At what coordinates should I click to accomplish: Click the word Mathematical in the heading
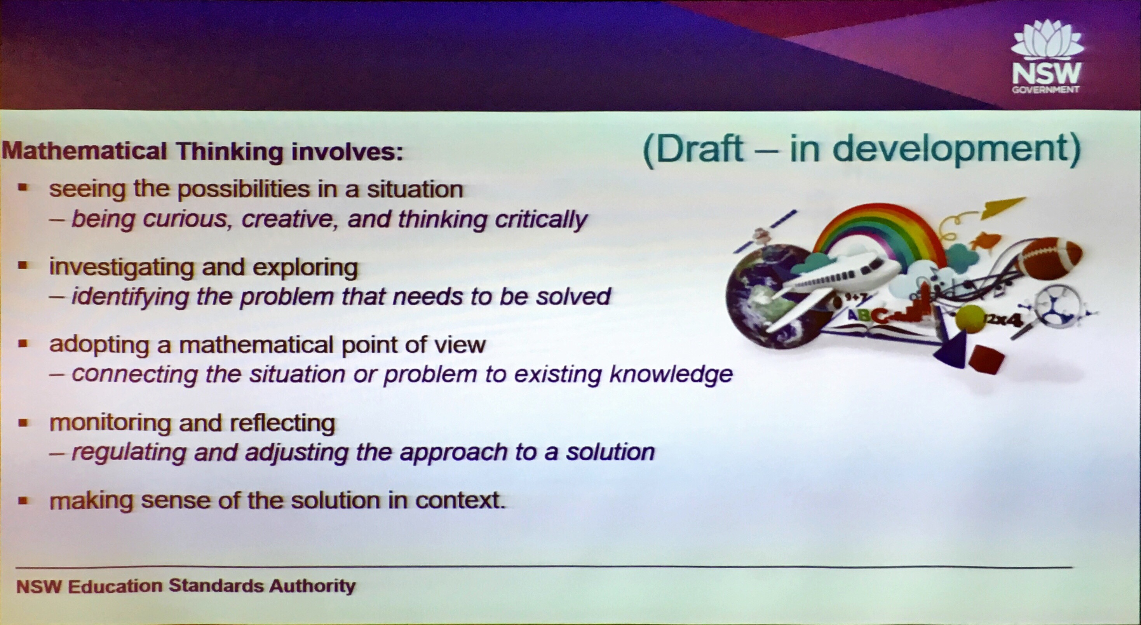(85, 151)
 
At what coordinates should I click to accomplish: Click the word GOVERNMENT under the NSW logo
(1045, 90)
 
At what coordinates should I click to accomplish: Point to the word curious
(188, 219)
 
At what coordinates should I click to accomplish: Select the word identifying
(131, 297)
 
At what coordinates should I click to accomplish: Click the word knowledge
(671, 375)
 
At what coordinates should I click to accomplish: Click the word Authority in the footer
(313, 586)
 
